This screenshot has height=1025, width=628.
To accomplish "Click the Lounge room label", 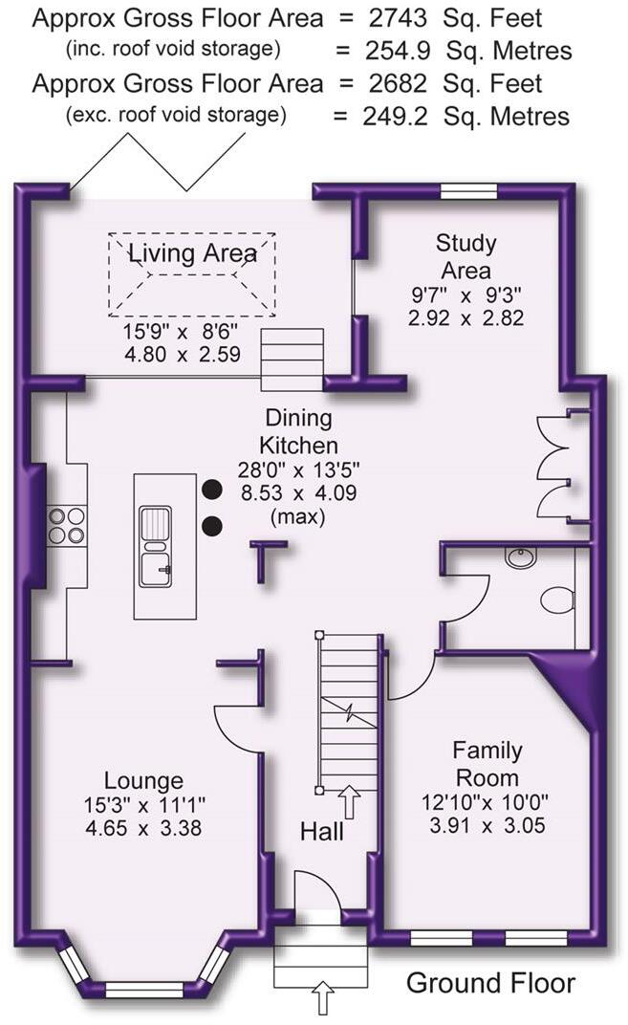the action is [x=143, y=780].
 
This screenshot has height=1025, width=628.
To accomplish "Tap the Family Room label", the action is [x=487, y=764].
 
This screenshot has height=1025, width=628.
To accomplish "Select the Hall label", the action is [x=321, y=832].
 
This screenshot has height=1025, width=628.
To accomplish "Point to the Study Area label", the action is [x=466, y=256].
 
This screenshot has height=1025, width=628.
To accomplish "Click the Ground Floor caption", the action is [x=490, y=983].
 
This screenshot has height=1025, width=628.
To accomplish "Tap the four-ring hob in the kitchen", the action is [x=67, y=526].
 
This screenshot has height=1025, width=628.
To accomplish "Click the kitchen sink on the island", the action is [x=156, y=547].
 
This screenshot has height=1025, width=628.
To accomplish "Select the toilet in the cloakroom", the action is [x=557, y=599].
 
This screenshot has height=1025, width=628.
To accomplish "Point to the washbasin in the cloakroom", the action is [x=521, y=556].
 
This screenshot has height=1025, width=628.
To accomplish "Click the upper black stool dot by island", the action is [x=212, y=489].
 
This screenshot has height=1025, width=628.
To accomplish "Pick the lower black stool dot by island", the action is [x=212, y=526].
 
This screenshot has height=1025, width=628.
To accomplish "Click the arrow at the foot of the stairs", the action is [x=350, y=802].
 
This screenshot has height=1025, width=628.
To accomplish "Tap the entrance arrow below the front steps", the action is [x=323, y=996].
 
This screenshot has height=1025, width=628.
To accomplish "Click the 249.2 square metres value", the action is [x=396, y=117].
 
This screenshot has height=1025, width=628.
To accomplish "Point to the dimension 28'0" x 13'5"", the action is [x=298, y=469].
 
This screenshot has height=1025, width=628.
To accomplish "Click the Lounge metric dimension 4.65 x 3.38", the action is [x=143, y=828].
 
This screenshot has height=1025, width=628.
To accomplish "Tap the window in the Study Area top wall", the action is [x=468, y=191].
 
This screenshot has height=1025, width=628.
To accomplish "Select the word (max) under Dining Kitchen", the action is [x=298, y=516].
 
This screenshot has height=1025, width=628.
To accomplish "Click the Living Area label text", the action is [x=192, y=253].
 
